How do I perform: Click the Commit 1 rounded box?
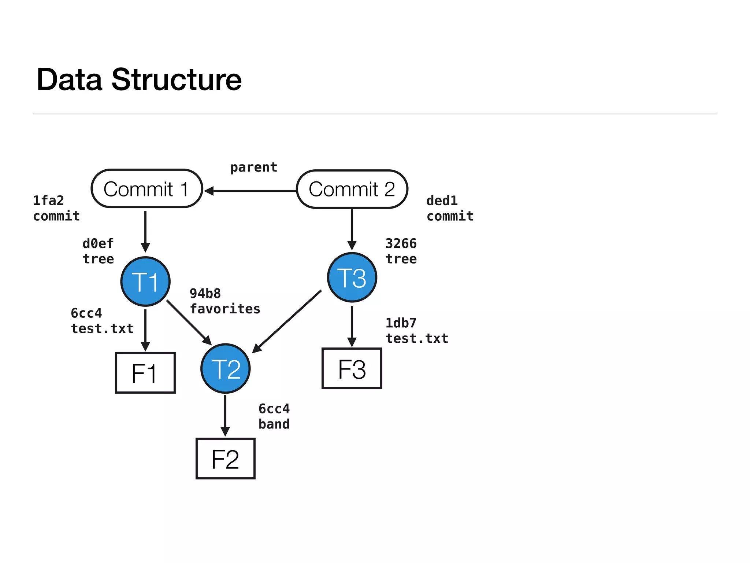click(x=146, y=189)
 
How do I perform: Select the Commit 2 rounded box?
click(x=352, y=189)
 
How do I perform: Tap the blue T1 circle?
click(x=145, y=281)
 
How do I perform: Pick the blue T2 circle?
click(x=226, y=368)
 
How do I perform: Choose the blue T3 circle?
click(x=352, y=277)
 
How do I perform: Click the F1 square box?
click(x=145, y=373)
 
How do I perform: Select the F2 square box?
click(x=226, y=459)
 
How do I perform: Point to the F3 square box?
click(x=352, y=368)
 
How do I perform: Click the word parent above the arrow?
click(x=254, y=168)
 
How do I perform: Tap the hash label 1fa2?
click(x=48, y=201)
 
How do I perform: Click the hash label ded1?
click(x=442, y=201)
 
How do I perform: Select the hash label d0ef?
click(x=98, y=243)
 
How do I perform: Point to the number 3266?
click(x=401, y=243)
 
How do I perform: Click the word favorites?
click(x=225, y=309)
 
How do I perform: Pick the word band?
click(x=274, y=424)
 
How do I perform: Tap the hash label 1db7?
click(x=401, y=323)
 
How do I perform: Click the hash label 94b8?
click(x=205, y=294)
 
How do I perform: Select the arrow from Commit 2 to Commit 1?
click(x=253, y=191)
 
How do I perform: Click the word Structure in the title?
click(x=177, y=80)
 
